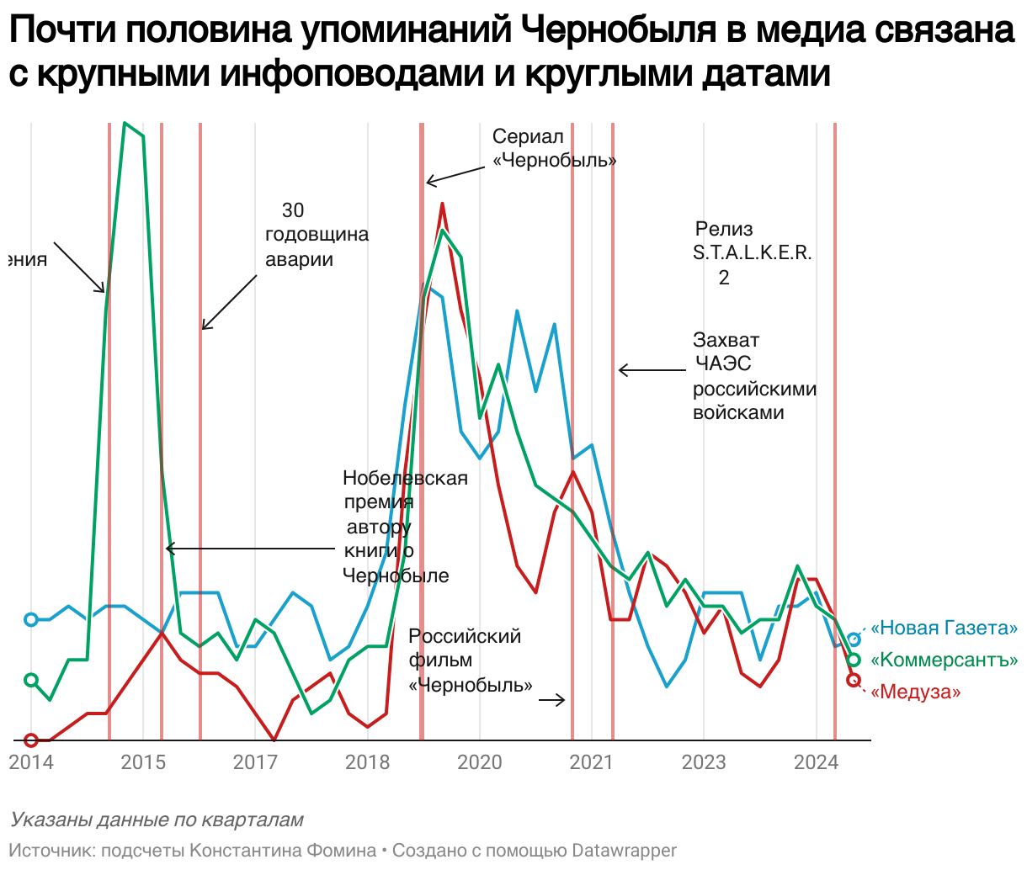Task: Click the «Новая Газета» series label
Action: click(944, 629)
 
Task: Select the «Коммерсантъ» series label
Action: click(944, 660)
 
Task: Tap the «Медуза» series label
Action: click(915, 692)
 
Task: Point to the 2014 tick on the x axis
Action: click(31, 762)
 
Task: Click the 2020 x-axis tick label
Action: click(480, 762)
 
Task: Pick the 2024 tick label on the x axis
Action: click(816, 762)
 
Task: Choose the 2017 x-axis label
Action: click(255, 762)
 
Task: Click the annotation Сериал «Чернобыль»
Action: click(554, 148)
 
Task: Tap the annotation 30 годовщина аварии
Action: click(317, 235)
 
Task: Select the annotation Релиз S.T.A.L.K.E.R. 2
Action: click(752, 252)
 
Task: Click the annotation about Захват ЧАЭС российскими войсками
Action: click(754, 376)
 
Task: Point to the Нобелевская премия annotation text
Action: click(404, 527)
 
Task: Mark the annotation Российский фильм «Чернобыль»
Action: click(470, 660)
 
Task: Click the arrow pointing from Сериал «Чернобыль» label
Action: click(455, 174)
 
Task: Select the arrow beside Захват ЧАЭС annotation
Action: click(652, 370)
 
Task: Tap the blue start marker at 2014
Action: click(31, 620)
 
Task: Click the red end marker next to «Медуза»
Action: click(853, 680)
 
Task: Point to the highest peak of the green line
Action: click(125, 124)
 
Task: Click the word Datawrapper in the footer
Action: click(624, 851)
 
